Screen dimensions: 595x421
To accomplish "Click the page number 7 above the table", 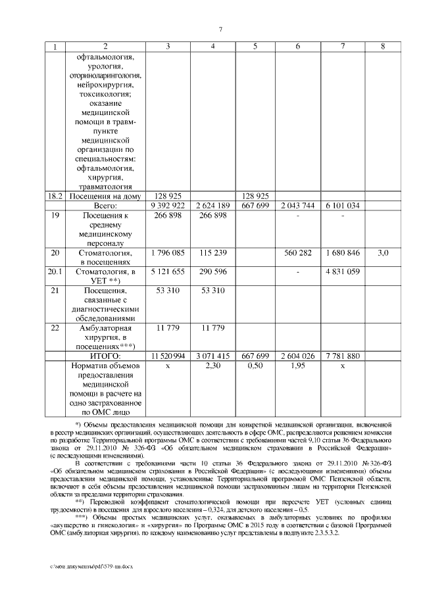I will (x=221, y=28).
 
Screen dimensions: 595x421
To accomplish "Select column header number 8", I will (x=384, y=46).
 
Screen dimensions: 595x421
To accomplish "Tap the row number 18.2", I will (x=55, y=196).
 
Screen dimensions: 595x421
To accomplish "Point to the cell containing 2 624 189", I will (x=212, y=206).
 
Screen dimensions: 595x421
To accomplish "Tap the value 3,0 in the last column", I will (x=384, y=252).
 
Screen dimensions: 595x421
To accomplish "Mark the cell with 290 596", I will (x=212, y=272).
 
